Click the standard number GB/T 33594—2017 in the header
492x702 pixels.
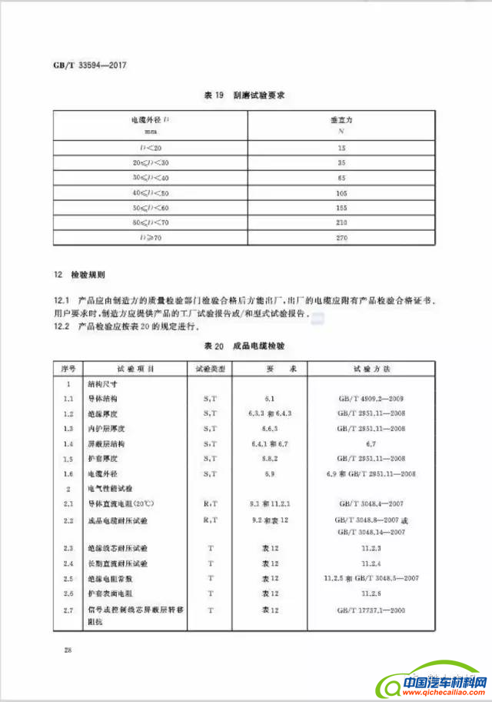[x=89, y=65]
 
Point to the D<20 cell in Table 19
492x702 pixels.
[x=149, y=146]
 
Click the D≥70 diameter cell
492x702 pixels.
[x=149, y=239]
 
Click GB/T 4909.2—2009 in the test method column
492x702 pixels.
[x=371, y=398]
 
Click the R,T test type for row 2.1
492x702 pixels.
[x=209, y=503]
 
